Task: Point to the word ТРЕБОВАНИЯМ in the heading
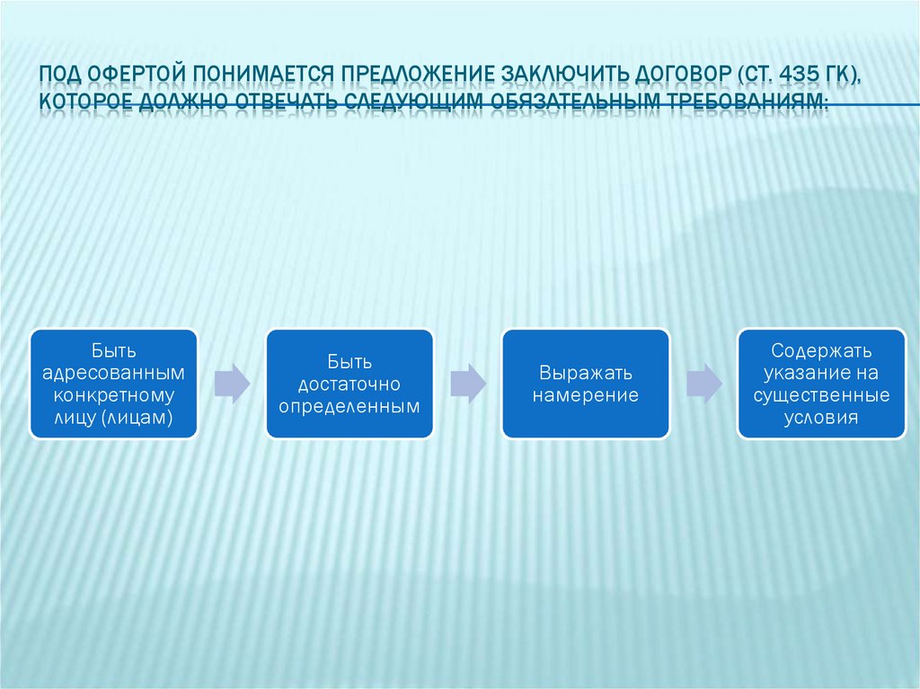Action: pyautogui.click(x=743, y=100)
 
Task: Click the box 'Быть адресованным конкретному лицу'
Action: pyautogui.click(x=113, y=384)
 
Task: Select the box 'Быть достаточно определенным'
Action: pyautogui.click(x=349, y=384)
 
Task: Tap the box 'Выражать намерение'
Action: pyautogui.click(x=585, y=384)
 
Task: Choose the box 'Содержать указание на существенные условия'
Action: pyautogui.click(x=821, y=384)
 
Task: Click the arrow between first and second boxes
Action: pyautogui.click(x=231, y=384)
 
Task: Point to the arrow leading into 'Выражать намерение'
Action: pyautogui.click(x=467, y=384)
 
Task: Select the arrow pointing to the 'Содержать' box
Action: pyautogui.click(x=703, y=384)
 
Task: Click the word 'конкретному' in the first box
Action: pyautogui.click(x=113, y=394)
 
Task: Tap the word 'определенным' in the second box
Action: pyautogui.click(x=349, y=406)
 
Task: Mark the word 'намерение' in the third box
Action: pyautogui.click(x=585, y=395)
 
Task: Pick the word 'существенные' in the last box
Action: pyautogui.click(x=821, y=394)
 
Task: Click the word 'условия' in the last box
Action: pyautogui.click(x=821, y=417)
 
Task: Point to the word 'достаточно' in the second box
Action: pyautogui.click(x=349, y=384)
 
